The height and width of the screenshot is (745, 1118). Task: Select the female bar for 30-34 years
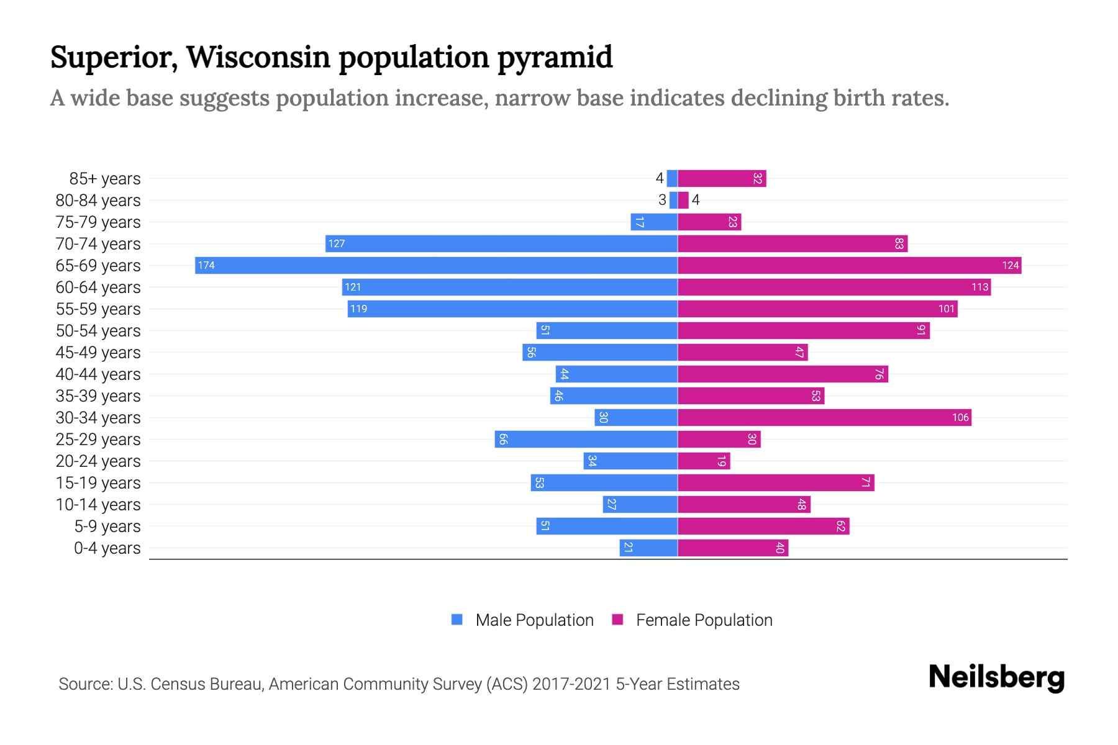824,418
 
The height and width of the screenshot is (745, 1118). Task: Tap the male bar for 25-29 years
586,440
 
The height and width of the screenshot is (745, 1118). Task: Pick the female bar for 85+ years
722,179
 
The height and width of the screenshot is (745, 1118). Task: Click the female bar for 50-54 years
803,331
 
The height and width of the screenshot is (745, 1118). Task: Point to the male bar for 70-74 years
501,244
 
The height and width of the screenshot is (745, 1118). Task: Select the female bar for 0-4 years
733,548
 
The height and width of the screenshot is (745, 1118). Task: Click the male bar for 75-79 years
653,222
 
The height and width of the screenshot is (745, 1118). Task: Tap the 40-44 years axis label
98,374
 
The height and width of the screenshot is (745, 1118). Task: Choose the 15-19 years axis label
98,483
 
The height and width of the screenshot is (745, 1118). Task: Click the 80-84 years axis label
98,201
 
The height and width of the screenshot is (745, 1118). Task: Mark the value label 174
206,266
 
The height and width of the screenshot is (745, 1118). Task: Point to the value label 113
979,287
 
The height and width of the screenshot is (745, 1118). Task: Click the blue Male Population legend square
457,620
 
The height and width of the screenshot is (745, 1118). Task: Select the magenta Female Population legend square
617,620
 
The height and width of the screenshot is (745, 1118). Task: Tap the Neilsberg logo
996,677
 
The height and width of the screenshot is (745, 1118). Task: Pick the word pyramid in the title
555,57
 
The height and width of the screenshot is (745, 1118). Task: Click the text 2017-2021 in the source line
571,684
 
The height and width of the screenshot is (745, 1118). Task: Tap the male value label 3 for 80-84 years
662,200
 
